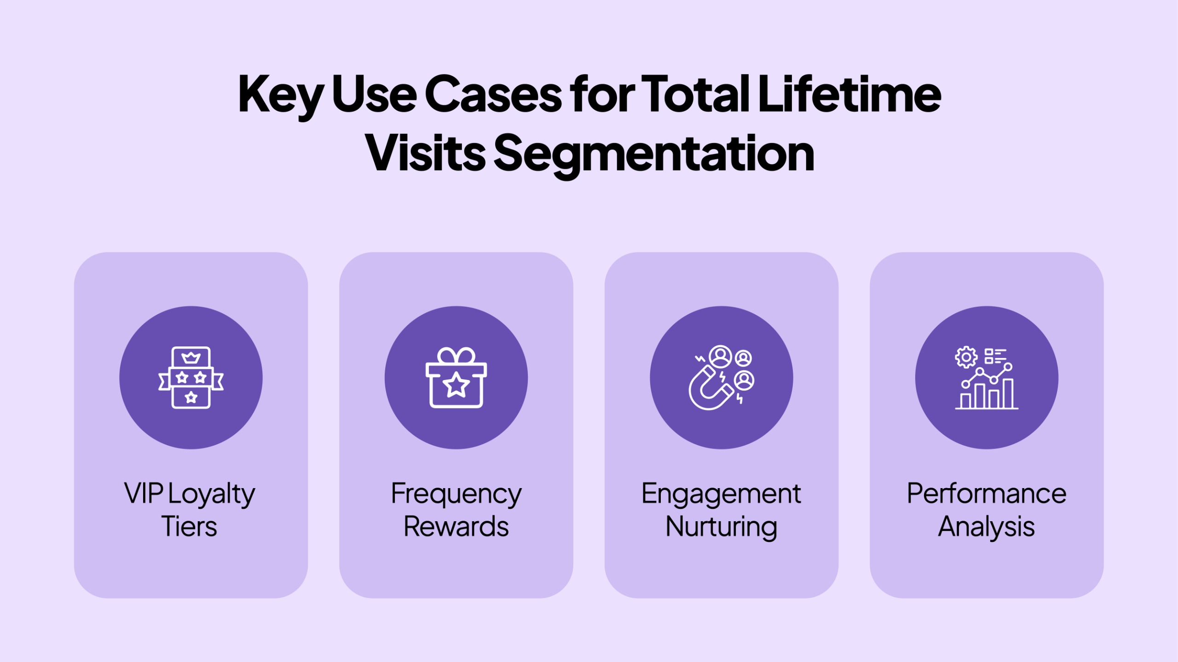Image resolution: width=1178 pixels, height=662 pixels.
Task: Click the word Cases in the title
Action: pos(493,94)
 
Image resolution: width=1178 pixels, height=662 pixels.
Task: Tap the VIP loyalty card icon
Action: pos(191,378)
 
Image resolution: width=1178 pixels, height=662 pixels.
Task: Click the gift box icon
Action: pos(456,378)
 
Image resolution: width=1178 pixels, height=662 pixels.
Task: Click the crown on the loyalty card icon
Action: pos(191,357)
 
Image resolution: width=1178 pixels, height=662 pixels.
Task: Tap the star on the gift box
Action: pos(456,385)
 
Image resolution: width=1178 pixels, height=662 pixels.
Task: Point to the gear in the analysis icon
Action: pos(966,357)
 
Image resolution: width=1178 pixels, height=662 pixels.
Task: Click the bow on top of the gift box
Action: pos(456,355)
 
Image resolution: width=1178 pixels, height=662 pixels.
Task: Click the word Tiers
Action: pos(189,526)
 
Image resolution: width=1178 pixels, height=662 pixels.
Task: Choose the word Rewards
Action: pos(456,526)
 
